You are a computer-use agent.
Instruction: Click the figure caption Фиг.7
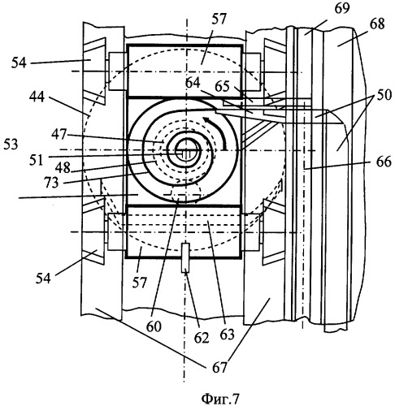point(220,398)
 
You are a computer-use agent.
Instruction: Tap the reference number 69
point(342,9)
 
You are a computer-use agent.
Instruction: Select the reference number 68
point(377,24)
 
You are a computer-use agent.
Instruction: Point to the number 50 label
point(384,95)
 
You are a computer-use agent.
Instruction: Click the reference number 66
point(384,162)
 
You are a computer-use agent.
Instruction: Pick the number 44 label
point(37,97)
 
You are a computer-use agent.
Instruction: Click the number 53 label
point(11,145)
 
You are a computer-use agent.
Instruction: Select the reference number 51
point(36,160)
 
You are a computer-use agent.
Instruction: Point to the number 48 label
point(63,168)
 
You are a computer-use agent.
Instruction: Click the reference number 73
point(51,183)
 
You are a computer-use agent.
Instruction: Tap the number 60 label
point(154,326)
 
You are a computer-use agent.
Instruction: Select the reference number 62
point(202,338)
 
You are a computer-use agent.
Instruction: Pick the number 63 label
point(227,335)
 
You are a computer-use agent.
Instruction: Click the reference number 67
point(219,368)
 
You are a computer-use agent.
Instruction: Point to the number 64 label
point(193,83)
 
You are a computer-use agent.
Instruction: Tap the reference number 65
point(222,87)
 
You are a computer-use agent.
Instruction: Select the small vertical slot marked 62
point(185,258)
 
